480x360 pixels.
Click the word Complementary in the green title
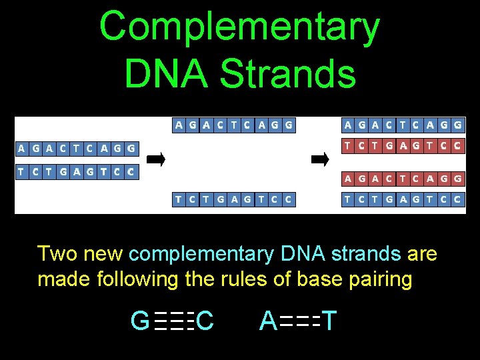[x=239, y=27]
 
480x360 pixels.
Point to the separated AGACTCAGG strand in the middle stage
[x=233, y=125]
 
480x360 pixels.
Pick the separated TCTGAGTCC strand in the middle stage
[x=233, y=199]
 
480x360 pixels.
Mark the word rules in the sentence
[x=241, y=279]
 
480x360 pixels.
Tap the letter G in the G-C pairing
[x=141, y=321]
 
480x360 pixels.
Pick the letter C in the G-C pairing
[x=205, y=321]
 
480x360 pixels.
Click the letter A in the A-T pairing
[x=268, y=321]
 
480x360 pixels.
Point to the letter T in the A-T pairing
[x=330, y=321]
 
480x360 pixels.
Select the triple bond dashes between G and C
[x=173, y=322]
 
